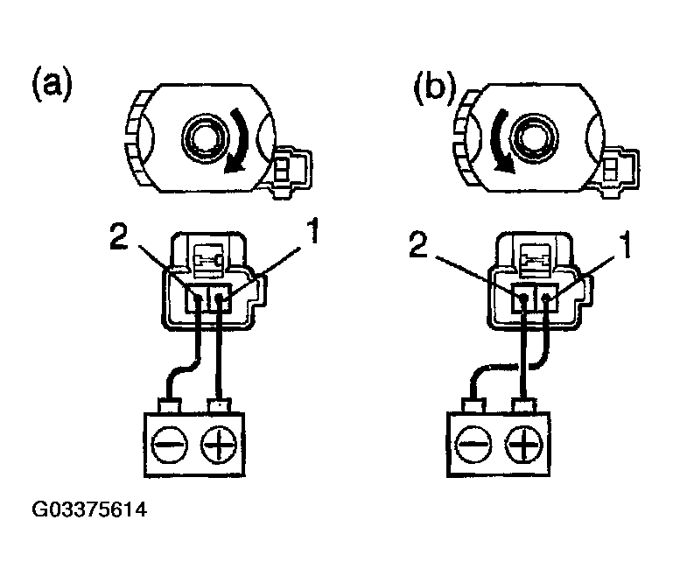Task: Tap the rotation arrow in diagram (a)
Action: [x=238, y=145]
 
